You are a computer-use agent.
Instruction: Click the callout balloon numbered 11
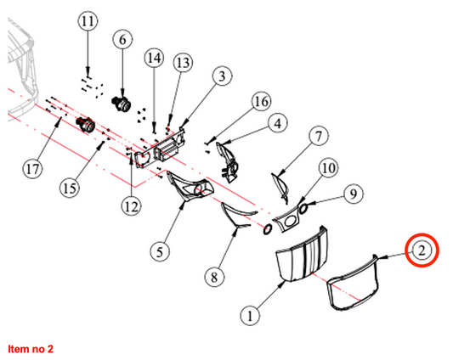pyautogui.click(x=88, y=21)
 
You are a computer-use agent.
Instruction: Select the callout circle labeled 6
pyautogui.click(x=122, y=40)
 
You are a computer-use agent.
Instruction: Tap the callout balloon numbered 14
pyautogui.click(x=154, y=59)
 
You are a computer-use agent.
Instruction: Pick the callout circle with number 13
pyautogui.click(x=183, y=63)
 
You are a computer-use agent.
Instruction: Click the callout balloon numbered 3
pyautogui.click(x=222, y=76)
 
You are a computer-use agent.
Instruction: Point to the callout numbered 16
pyautogui.click(x=261, y=101)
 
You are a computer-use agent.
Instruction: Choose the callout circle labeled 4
pyautogui.click(x=278, y=123)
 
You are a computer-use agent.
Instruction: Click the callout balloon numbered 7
pyautogui.click(x=319, y=136)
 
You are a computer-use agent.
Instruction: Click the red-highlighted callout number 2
pyautogui.click(x=422, y=250)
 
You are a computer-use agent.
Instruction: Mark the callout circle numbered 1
pyautogui.click(x=250, y=316)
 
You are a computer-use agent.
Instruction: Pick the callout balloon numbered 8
pyautogui.click(x=214, y=278)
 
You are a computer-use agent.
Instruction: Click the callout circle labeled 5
pyautogui.click(x=160, y=252)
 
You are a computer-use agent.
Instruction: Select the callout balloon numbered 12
pyautogui.click(x=132, y=206)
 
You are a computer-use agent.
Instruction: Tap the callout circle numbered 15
pyautogui.click(x=70, y=188)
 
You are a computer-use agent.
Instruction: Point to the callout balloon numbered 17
pyautogui.click(x=32, y=169)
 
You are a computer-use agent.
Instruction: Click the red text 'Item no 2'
pyautogui.click(x=31, y=349)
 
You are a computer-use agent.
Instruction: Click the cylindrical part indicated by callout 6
pyautogui.click(x=121, y=104)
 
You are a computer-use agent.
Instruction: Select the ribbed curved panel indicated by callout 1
pyautogui.click(x=302, y=254)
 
